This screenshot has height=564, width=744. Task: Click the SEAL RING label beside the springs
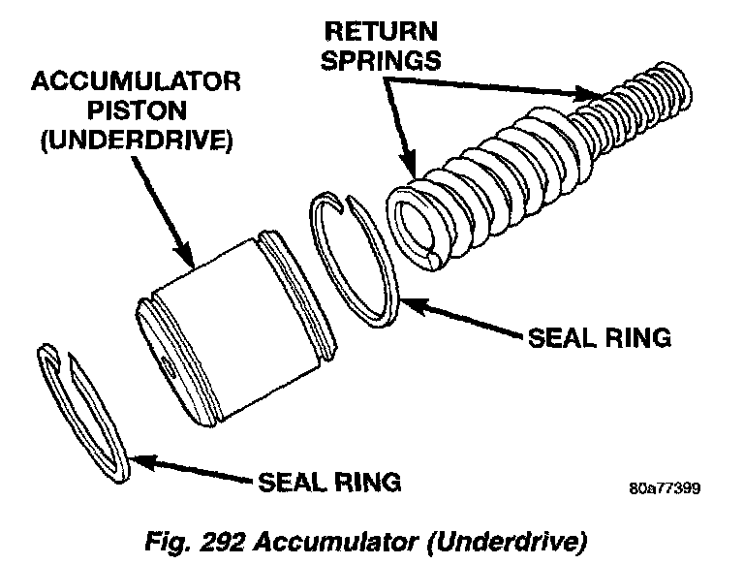coord(598,338)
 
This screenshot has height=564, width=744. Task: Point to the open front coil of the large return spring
coord(419,228)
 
